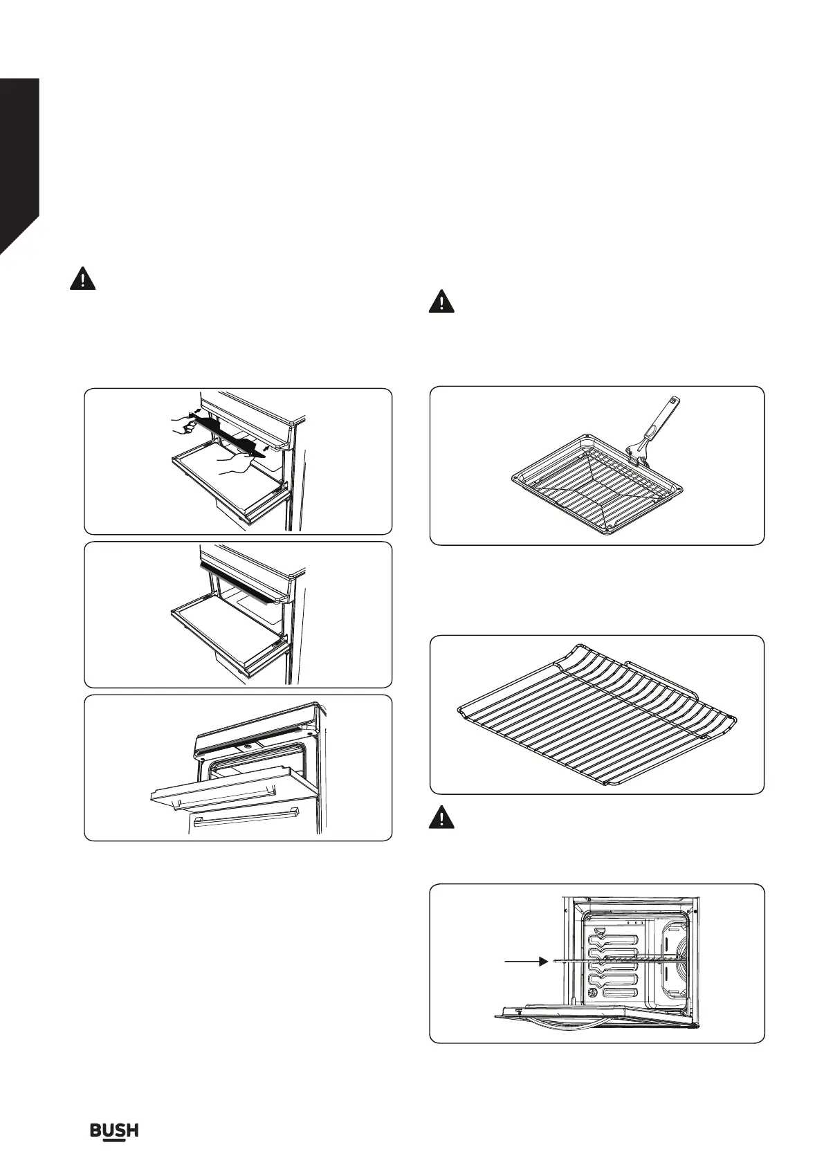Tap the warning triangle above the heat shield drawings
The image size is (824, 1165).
coord(82,279)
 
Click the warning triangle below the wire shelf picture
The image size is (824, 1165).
coord(441,818)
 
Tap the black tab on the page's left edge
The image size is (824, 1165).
coord(18,166)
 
